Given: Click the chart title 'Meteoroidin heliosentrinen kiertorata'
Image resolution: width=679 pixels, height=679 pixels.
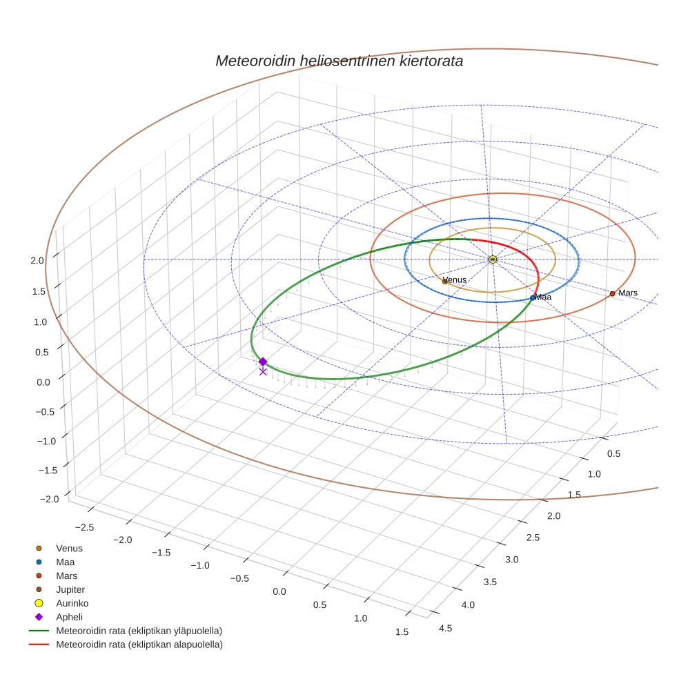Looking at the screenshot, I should tap(339, 61).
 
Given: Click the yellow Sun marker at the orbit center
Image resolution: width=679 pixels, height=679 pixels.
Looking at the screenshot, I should tap(492, 259).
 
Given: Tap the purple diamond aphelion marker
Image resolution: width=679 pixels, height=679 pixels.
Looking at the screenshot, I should tap(263, 362).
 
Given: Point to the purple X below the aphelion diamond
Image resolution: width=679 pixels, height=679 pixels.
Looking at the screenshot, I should tap(263, 371).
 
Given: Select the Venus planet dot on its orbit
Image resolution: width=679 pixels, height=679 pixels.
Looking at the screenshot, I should tap(444, 282).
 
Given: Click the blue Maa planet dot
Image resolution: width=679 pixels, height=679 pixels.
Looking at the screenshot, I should tap(532, 298).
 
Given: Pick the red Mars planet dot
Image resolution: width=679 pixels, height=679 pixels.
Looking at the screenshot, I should tap(612, 294).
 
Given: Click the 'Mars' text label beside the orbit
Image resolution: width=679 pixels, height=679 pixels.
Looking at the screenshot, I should tap(628, 293).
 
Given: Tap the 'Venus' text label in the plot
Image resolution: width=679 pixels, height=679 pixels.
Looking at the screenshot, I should tap(455, 279).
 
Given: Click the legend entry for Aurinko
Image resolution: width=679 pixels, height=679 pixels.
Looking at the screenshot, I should tap(72, 603).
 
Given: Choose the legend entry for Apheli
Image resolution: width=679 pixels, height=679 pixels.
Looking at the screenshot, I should tap(69, 617).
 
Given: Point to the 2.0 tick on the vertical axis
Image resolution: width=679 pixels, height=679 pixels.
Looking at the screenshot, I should tap(37, 260).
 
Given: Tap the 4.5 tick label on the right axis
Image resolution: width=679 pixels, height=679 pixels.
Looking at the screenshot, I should tap(446, 628).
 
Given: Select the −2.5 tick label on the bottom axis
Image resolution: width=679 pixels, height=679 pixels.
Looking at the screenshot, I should tap(83, 527).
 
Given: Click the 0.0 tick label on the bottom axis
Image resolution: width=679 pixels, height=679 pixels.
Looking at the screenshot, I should tap(279, 592).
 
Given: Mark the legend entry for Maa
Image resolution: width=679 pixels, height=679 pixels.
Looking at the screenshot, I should tap(65, 562).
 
